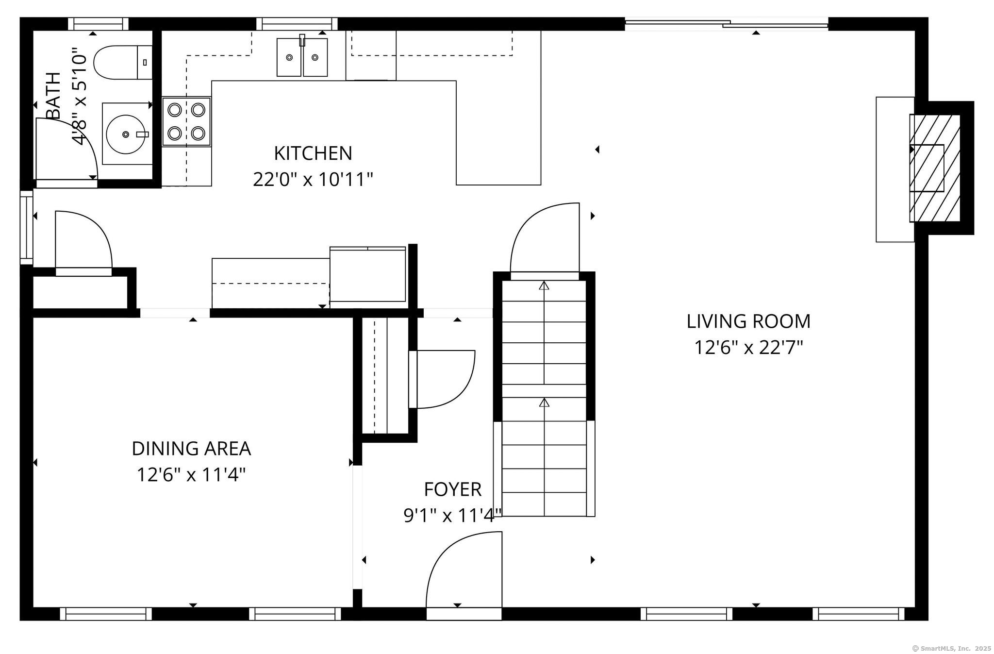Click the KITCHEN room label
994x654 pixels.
pos(313,153)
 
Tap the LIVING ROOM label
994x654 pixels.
pos(748,321)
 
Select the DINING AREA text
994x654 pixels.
pos(191,449)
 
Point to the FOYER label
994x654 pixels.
pos(453,489)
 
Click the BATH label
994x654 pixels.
pos(53,95)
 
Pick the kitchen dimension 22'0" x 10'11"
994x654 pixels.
pos(313,180)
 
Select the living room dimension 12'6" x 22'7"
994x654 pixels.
pos(748,348)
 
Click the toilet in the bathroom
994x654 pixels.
pos(123,62)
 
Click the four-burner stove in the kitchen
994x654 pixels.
pos(187,121)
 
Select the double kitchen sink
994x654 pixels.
pos(302,57)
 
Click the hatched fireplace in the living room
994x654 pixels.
pos(935,168)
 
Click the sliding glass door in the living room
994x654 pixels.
pos(727,23)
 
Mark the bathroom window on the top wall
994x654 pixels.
pos(99,24)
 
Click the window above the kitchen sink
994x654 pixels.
pos(297,24)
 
